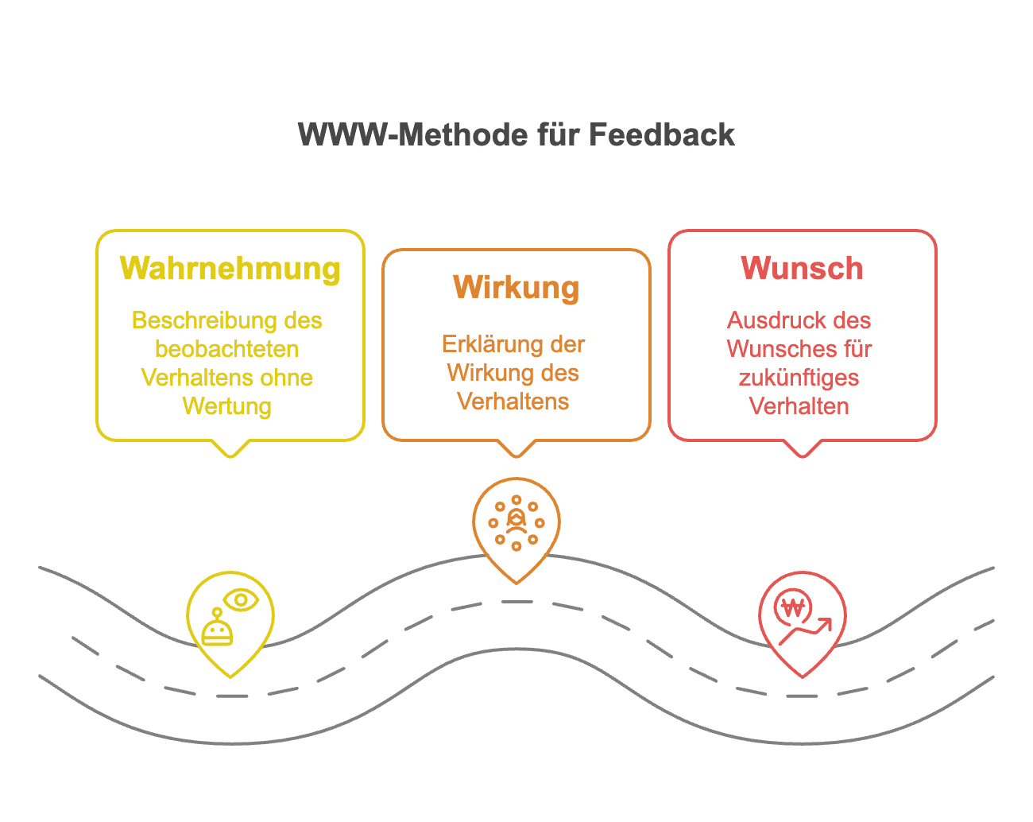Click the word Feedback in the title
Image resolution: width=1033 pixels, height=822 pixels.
point(662,134)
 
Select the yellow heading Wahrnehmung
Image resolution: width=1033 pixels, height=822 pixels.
point(230,268)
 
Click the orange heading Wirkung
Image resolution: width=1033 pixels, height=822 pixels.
point(516,287)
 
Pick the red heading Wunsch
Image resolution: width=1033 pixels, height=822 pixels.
point(802,268)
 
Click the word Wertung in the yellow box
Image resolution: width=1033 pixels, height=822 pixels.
point(227,406)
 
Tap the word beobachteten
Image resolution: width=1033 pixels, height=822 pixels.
point(227,349)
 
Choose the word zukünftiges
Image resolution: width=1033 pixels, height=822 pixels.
point(799,378)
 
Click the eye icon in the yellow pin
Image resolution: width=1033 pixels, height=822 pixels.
point(241,599)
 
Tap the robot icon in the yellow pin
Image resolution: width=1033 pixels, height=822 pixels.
point(217,628)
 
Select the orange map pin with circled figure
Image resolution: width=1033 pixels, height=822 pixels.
point(516,525)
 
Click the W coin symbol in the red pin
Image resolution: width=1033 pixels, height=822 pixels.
point(793,608)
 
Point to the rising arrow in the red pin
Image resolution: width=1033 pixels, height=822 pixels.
point(807,632)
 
